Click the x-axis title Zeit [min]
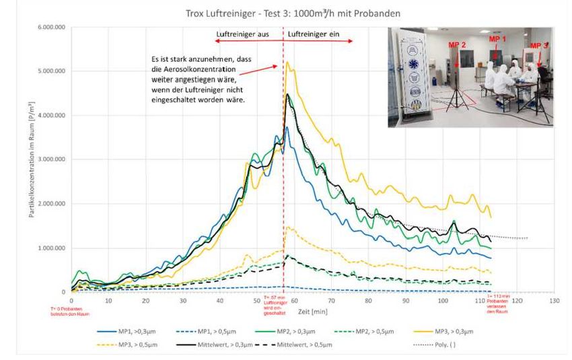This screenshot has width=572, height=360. click(311, 312)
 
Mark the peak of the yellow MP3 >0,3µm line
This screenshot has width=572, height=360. click(287, 62)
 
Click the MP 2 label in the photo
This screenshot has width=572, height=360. click(458, 44)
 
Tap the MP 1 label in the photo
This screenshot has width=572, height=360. click(497, 40)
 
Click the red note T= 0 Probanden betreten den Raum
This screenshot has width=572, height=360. click(71, 310)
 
